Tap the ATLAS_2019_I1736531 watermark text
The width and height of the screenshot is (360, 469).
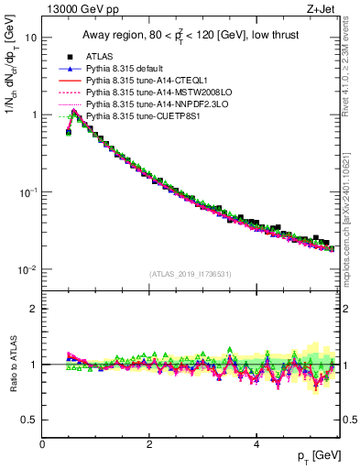(189, 274)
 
